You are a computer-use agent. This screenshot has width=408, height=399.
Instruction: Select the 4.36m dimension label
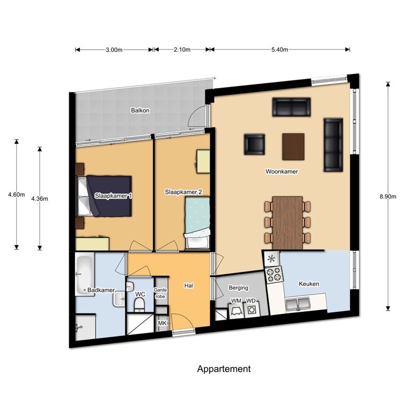coord(39,199)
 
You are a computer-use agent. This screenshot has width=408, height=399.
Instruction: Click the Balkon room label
coord(140,111)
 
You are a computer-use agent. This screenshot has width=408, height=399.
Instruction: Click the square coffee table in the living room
coord(293,147)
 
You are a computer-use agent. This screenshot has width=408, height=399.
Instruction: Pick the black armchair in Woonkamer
coord(254,145)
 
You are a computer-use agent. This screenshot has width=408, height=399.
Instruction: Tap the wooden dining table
coord(288,223)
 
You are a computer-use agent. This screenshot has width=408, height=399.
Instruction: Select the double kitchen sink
coord(297,304)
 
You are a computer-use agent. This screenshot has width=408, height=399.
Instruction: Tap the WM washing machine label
coord(236,301)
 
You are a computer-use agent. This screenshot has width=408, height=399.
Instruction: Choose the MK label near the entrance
coord(162,323)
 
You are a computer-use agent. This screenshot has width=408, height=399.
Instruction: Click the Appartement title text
coord(223,369)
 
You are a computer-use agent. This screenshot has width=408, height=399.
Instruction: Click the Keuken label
coord(309,284)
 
